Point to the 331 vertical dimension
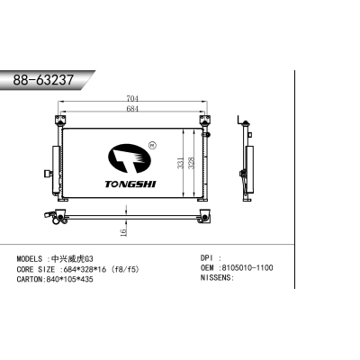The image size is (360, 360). pyautogui.click(x=181, y=164)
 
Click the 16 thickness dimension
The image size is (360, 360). pyautogui.click(x=123, y=230)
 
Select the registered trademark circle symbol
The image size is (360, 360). pyautogui.click(x=152, y=144)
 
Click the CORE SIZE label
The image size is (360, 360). pyautogui.click(x=36, y=268)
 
